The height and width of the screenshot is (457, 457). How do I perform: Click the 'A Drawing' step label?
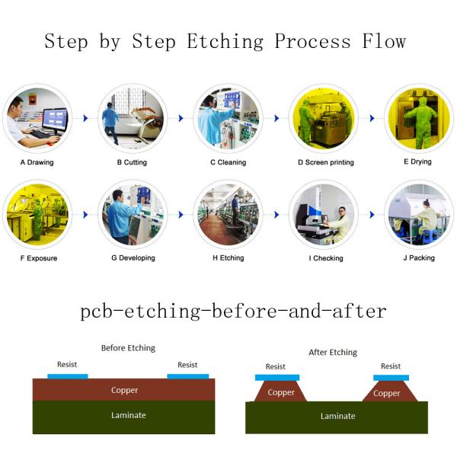(37, 162)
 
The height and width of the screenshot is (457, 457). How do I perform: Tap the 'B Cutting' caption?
(132, 162)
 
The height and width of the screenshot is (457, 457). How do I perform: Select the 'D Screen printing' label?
(326, 162)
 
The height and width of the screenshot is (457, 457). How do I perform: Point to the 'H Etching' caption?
(228, 258)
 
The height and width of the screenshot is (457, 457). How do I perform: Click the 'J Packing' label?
(419, 258)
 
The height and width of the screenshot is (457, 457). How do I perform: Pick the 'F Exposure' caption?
(39, 258)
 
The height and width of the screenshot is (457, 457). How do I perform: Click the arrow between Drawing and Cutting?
(85, 118)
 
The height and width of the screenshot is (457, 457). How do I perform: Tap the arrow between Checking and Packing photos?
(372, 215)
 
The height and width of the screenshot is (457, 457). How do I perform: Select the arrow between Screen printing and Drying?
(372, 118)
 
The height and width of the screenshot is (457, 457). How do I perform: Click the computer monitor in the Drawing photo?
(55, 119)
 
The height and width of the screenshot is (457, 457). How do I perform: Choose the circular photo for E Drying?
(419, 118)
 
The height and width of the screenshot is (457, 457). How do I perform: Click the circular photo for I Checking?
(324, 215)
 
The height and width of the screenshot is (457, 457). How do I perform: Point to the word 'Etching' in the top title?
(225, 41)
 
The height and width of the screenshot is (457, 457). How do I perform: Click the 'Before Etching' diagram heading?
(128, 348)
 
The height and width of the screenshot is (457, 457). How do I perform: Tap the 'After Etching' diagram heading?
(333, 353)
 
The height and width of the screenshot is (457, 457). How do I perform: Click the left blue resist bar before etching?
(68, 376)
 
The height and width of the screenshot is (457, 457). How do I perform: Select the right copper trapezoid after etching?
(390, 391)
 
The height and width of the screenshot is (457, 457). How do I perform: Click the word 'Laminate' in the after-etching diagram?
(337, 416)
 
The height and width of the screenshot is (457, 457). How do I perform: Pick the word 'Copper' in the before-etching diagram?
(124, 390)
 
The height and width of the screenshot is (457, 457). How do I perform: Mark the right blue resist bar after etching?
(391, 378)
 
